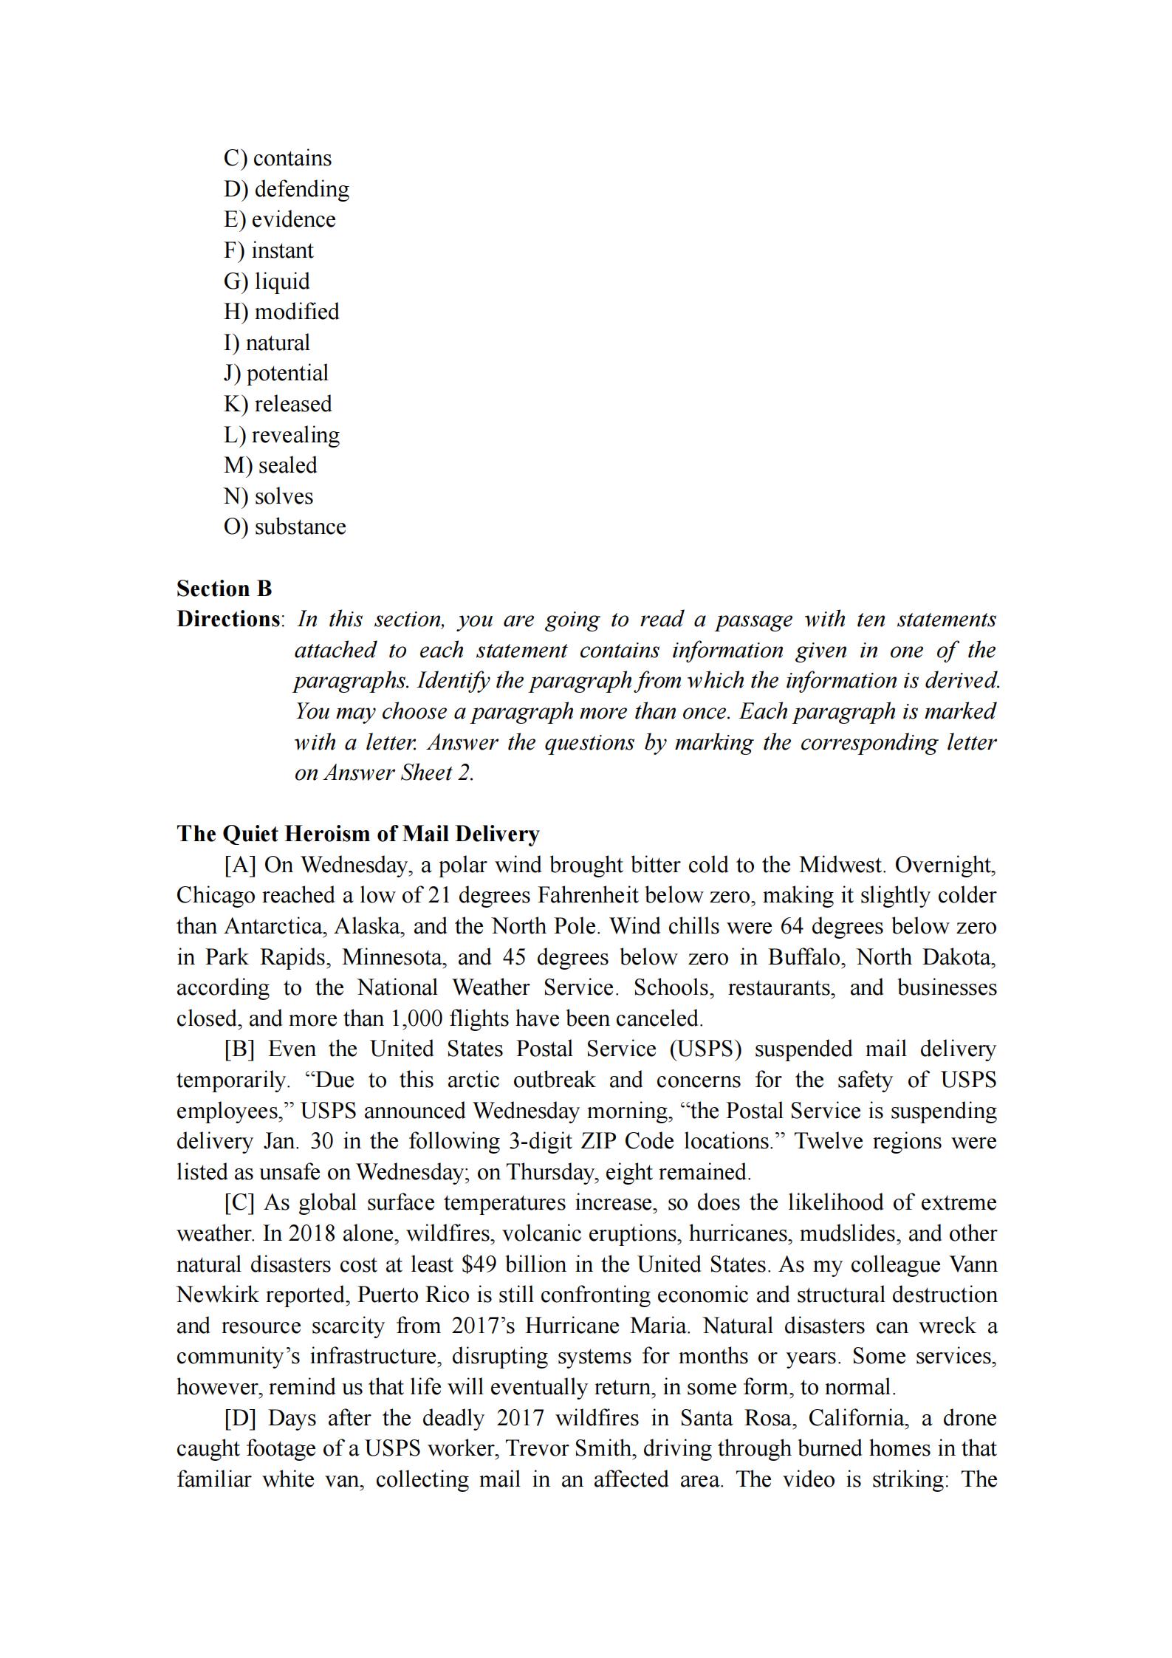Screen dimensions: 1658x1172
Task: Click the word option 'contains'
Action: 292,158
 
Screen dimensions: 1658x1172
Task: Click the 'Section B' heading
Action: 224,589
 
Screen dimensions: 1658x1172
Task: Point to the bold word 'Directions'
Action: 228,619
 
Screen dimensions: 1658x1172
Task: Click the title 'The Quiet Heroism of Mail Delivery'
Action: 358,834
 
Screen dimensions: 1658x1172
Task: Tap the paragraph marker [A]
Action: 240,865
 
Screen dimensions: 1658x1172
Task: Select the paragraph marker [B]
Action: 239,1049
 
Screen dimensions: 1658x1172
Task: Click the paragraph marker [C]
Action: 239,1202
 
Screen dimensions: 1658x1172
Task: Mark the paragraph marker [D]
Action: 240,1418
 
